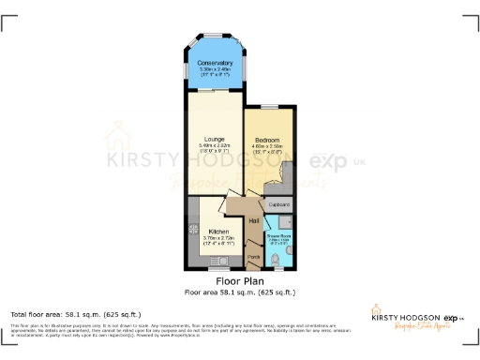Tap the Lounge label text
point(215,139)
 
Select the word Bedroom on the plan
point(268,139)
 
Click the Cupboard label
point(279,203)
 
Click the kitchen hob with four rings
point(192,228)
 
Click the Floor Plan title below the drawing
point(239,280)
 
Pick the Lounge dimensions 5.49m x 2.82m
point(215,146)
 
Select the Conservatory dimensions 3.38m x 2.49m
point(215,69)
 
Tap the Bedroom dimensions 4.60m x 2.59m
point(268,146)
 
